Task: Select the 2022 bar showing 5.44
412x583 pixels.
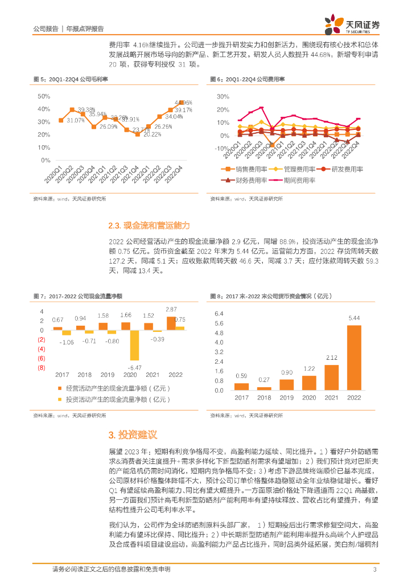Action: point(354,358)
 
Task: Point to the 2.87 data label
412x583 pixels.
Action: point(171,309)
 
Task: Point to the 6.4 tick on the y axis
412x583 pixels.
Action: point(219,313)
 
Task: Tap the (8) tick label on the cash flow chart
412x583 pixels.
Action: point(41,368)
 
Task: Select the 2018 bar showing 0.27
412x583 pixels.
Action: point(264,388)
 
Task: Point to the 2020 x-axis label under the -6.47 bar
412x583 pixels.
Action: point(130,375)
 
